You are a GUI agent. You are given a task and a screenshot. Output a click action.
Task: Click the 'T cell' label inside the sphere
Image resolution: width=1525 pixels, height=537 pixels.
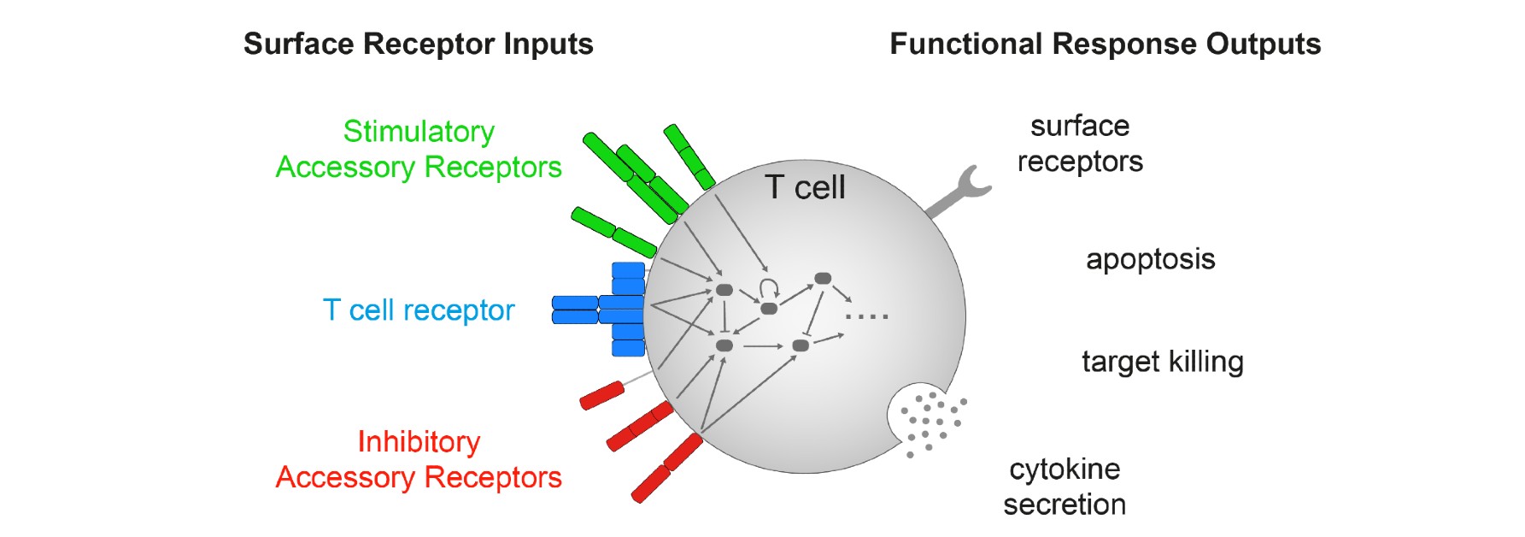pos(805,187)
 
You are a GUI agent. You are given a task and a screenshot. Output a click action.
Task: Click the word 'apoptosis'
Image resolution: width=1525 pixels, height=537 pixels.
pos(1150,259)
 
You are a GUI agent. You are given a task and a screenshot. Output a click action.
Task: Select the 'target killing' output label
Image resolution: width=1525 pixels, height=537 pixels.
pos(1162,362)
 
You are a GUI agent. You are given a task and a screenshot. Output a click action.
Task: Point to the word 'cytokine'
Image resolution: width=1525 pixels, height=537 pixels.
pos(1065,469)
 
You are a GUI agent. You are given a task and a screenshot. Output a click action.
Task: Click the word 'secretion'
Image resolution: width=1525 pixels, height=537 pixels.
pos(1065,505)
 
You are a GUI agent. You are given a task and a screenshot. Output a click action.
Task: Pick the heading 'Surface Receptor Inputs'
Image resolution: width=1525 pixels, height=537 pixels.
pos(418,44)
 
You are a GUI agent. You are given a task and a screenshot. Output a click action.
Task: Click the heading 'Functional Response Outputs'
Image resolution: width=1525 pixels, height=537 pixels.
pos(1105,44)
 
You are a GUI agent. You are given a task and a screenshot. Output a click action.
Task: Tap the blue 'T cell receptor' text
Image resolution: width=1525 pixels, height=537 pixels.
pos(419,310)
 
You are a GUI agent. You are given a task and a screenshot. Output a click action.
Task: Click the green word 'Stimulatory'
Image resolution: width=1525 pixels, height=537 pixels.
pos(419,131)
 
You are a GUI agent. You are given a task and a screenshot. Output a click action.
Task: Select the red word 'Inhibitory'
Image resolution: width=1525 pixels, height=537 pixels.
pos(419,441)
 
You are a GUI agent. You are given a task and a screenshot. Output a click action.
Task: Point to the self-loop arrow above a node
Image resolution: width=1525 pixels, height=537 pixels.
pos(769,286)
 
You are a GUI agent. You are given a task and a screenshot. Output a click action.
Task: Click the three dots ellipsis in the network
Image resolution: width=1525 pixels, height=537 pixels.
pos(866,316)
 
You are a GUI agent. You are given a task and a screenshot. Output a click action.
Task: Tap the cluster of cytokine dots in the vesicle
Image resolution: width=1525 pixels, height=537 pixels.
pos(931,419)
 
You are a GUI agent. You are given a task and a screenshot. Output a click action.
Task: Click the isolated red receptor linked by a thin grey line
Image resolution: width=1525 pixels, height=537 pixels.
pos(602,395)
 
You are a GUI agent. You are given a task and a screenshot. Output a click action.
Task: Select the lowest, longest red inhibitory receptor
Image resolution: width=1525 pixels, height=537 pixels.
pos(666,468)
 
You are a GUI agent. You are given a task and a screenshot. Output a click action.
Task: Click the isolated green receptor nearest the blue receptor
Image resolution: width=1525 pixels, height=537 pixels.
pos(613,231)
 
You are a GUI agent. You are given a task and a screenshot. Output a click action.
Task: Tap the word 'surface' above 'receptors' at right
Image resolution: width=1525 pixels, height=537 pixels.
pos(1080,126)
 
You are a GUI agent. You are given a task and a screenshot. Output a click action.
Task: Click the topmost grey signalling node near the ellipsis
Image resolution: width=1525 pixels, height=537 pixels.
pos(823,278)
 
